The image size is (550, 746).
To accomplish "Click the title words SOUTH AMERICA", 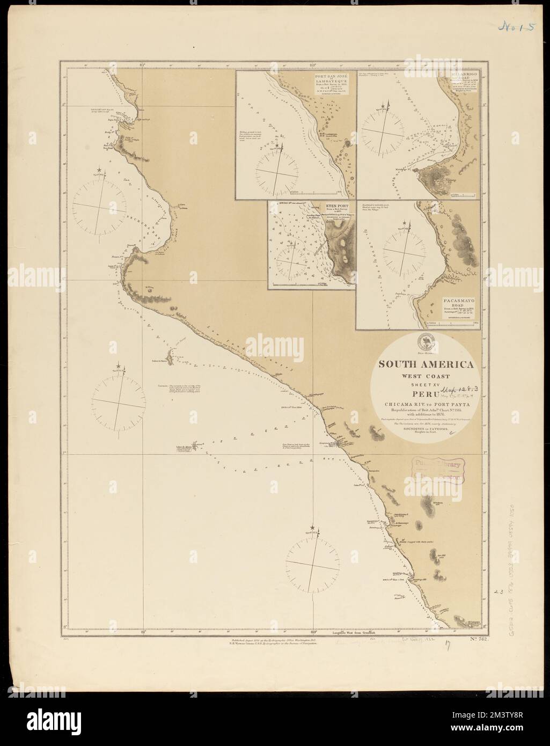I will (427, 364).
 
